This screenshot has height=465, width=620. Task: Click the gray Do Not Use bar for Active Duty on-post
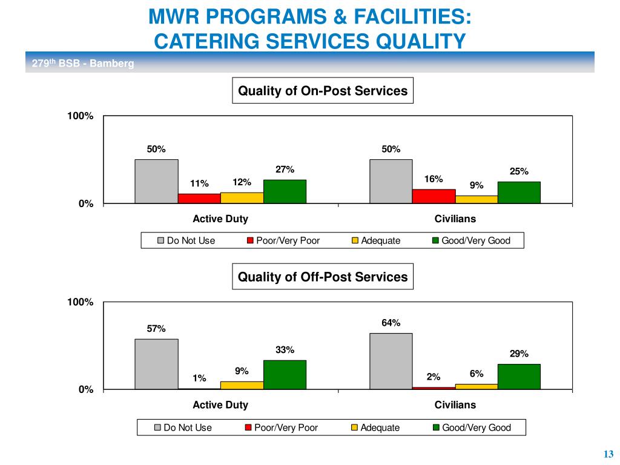(156, 181)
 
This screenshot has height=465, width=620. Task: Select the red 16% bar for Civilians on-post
(434, 196)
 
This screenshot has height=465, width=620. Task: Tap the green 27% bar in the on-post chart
(285, 191)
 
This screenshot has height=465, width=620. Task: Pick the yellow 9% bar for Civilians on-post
(476, 199)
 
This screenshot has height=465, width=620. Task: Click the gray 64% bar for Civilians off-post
(391, 361)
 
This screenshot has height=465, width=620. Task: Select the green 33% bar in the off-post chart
(285, 374)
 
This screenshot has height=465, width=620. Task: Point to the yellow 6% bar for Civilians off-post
(476, 386)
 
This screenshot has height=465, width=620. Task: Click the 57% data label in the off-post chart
(156, 329)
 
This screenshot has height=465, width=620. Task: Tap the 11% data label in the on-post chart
(199, 183)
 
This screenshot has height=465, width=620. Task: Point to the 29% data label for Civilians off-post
(519, 354)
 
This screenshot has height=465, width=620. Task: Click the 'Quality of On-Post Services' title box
(323, 91)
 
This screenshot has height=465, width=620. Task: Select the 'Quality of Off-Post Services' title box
(323, 277)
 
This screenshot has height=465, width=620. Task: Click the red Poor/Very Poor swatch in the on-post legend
(250, 241)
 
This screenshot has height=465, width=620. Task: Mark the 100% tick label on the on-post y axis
(80, 116)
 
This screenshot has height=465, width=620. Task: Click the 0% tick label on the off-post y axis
(85, 390)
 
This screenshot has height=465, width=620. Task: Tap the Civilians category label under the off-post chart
(455, 405)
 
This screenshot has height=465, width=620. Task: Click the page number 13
(608, 455)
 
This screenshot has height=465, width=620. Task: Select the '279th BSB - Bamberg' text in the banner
(82, 64)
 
